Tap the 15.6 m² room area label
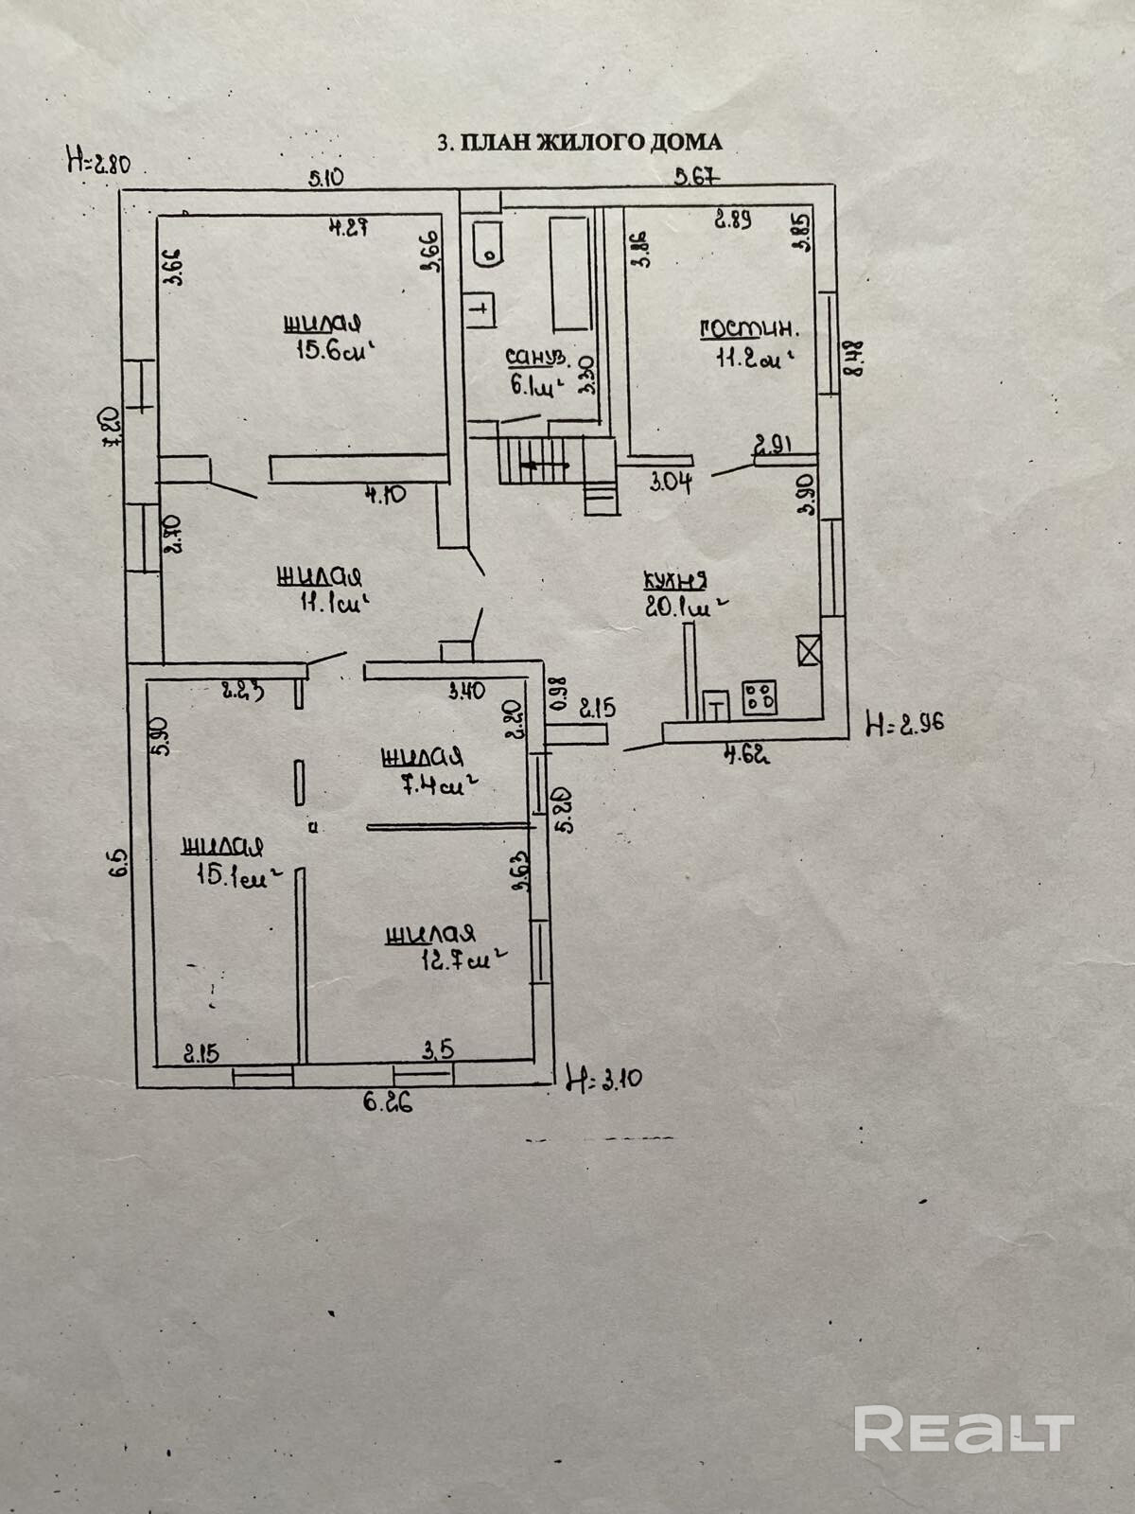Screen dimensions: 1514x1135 coord(322,338)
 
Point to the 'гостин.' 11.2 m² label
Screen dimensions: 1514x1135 coord(748,343)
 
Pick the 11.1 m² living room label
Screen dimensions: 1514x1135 coord(321,589)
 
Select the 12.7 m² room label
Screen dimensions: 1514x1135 coord(439,948)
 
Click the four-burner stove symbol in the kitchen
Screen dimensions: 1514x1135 coord(760,698)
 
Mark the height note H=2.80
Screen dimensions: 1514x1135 coord(96,162)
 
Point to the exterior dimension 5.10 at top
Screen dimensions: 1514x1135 coord(325,176)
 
